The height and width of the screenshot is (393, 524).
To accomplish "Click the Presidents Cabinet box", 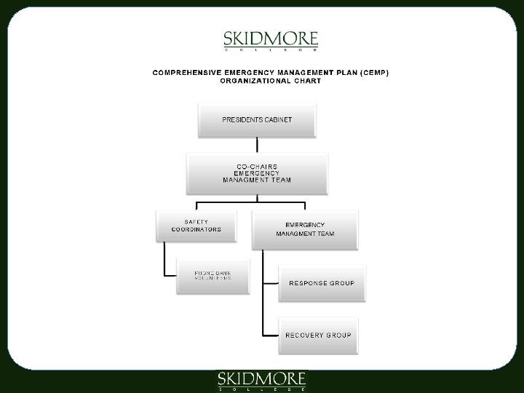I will click(257, 119).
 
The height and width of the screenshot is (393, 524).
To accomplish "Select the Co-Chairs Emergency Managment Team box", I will click(257, 173).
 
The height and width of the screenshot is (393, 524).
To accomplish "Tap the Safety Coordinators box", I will click(196, 226).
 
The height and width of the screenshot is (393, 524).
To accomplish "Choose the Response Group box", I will click(322, 283).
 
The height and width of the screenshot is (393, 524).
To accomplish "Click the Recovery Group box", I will click(318, 336).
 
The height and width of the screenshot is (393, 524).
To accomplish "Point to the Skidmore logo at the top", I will click(270, 41).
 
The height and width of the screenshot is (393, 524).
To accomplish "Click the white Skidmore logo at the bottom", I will click(263, 381).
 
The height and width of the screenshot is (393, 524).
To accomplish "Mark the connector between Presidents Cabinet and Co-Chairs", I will click(257, 145).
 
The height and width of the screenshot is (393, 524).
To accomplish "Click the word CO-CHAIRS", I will click(257, 166).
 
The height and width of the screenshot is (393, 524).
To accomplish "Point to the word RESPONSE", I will click(307, 283).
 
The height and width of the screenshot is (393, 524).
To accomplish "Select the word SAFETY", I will click(196, 221).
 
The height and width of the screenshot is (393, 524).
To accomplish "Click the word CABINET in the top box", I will click(277, 119).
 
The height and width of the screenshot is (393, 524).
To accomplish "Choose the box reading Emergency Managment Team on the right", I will click(305, 229).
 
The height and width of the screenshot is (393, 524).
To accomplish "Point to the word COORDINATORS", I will click(196, 229).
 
